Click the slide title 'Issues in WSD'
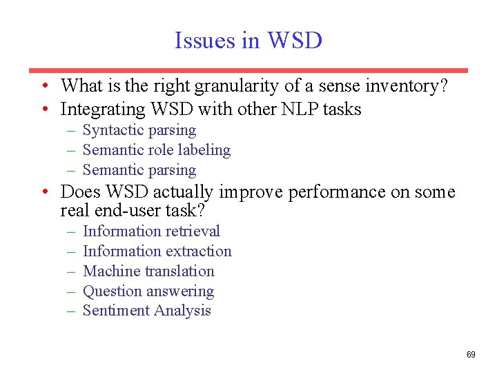pos(248,41)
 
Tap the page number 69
pos(471,355)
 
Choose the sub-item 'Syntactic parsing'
pos(139,130)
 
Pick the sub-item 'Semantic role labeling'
pos(156,150)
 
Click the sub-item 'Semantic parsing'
pos(139,170)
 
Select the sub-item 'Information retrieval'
pos(151,231)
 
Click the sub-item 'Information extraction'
pos(157,251)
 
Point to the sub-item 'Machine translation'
pos(148,271)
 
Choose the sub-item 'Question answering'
pos(148,291)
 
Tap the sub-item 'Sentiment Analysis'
pos(146,311)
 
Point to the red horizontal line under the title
pos(248,70)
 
